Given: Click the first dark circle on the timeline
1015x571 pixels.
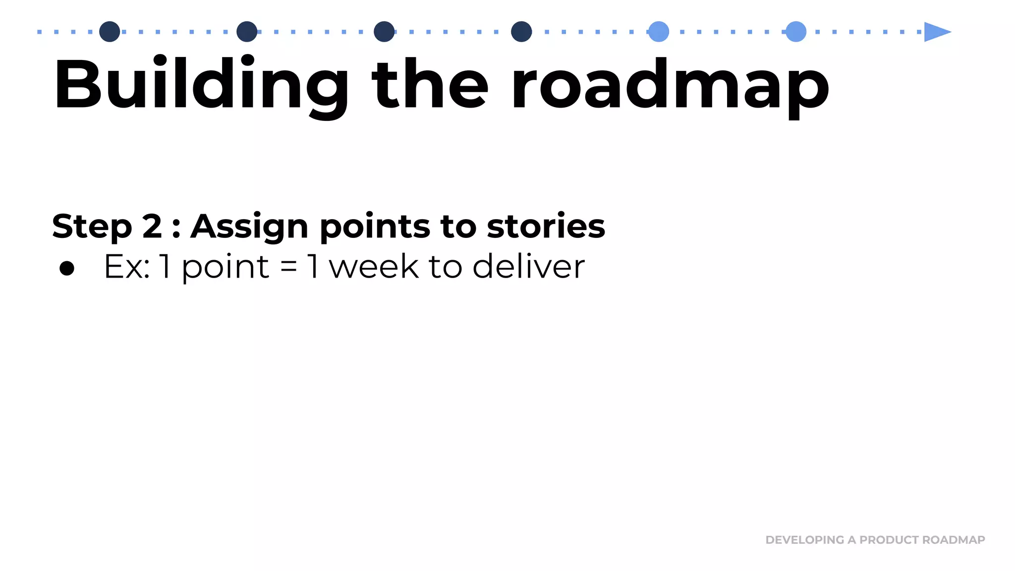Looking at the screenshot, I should (x=110, y=32).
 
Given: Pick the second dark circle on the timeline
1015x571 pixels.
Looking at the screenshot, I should (x=247, y=32).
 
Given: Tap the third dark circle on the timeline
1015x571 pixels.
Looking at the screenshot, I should (x=384, y=32).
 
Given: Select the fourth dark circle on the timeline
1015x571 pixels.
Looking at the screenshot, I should (x=521, y=32).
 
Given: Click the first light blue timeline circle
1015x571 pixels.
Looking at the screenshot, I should (x=659, y=32).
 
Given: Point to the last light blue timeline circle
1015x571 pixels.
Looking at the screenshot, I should (x=796, y=32).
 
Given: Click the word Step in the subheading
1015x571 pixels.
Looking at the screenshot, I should (x=92, y=227).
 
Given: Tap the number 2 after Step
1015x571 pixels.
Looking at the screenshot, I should (x=152, y=227).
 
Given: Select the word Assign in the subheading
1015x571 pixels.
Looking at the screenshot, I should (x=249, y=227).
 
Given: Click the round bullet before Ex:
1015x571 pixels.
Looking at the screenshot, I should (x=67, y=268).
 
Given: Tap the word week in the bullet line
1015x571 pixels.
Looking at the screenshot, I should (x=374, y=267).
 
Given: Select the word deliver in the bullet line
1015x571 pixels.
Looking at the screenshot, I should (x=528, y=267).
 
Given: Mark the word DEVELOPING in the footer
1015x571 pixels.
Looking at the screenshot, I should (x=804, y=540).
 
